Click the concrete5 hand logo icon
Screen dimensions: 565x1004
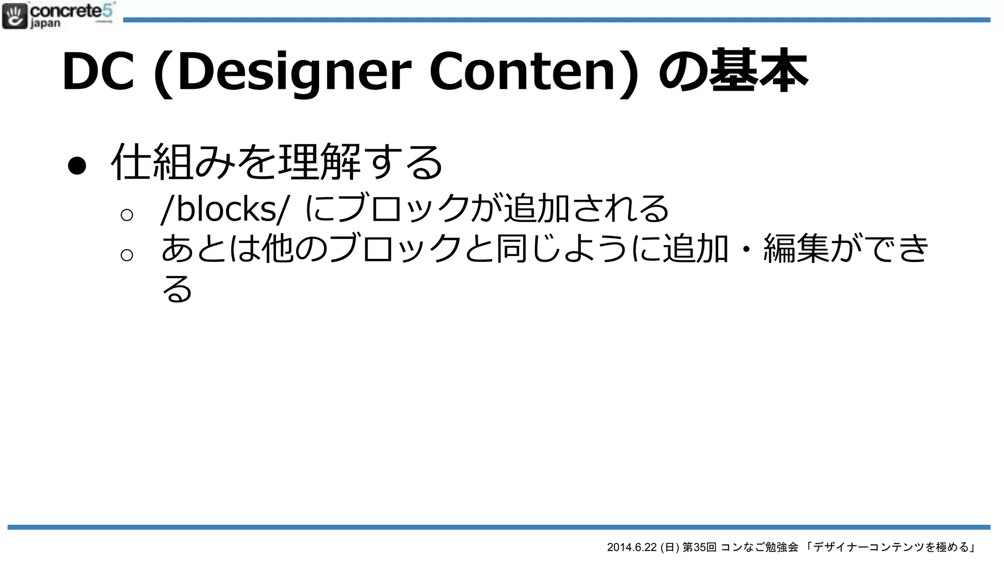[x=15, y=16]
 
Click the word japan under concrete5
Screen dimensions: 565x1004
[x=45, y=23]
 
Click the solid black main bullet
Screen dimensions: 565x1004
[x=77, y=166]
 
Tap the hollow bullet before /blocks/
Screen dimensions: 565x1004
[x=126, y=214]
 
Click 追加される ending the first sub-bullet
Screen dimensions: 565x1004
[x=586, y=209]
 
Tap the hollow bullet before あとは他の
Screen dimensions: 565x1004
[x=126, y=255]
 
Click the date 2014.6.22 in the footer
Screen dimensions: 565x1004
[x=631, y=547]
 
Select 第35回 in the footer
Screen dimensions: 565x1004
[x=699, y=547]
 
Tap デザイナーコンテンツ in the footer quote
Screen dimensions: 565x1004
[x=868, y=547]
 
